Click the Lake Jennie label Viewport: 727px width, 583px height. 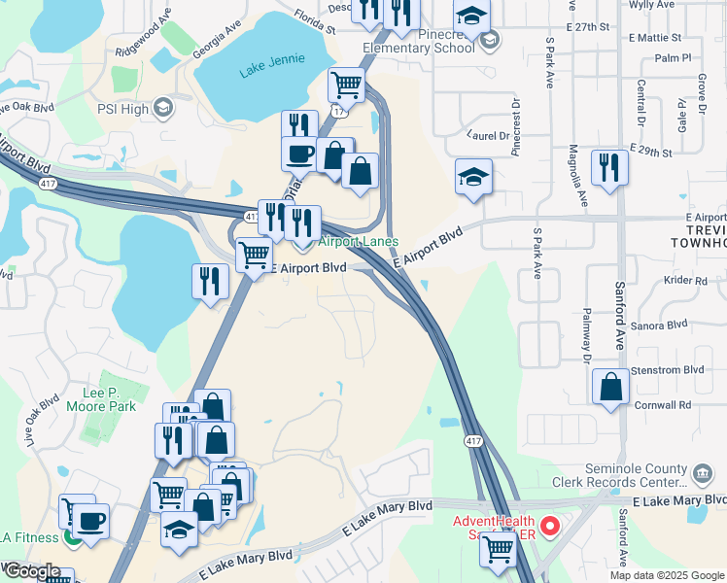(265, 69)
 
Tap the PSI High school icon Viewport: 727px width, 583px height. (162, 107)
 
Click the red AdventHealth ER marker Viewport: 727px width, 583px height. (549, 528)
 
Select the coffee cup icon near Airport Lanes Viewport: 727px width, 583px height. (298, 153)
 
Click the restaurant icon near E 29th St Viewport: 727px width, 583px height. (609, 166)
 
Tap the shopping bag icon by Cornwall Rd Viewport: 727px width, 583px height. (609, 386)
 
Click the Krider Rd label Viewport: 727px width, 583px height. (687, 281)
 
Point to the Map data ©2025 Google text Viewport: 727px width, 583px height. (667, 575)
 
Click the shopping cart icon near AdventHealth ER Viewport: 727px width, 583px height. (499, 549)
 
